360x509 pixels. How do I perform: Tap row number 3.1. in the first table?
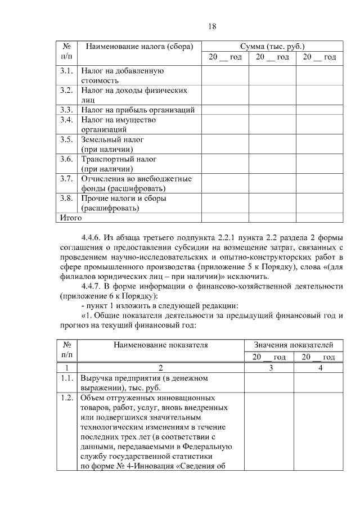(x=66, y=71)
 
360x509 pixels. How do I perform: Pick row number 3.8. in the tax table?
(x=66, y=199)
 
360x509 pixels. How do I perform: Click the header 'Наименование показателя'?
(x=160, y=345)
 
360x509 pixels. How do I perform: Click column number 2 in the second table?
(x=160, y=367)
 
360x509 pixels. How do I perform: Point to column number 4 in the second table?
(x=319, y=367)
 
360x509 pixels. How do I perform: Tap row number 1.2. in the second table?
(x=66, y=398)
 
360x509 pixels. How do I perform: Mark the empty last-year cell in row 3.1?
(x=319, y=76)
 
